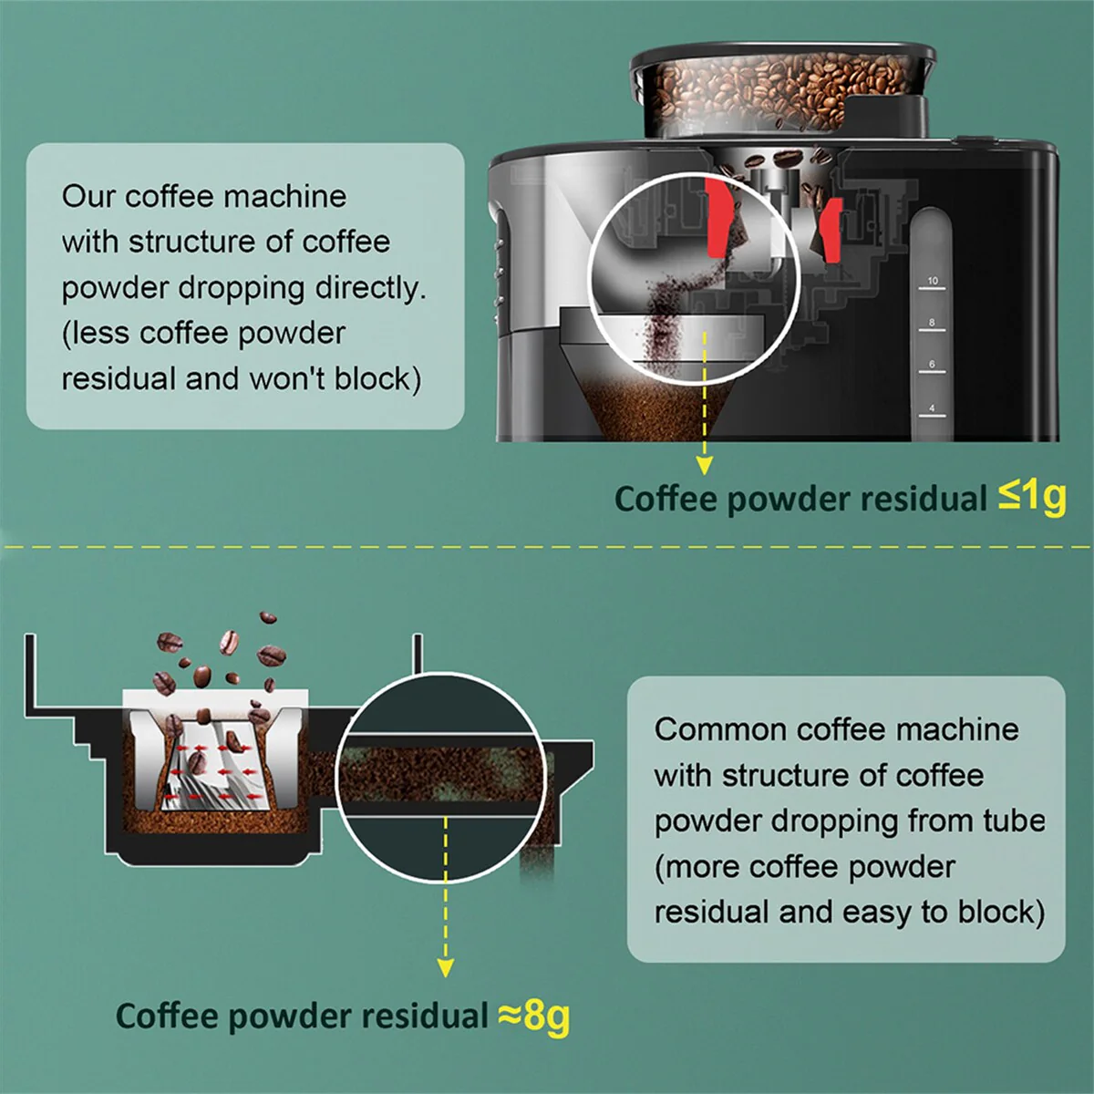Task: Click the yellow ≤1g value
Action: [1032, 498]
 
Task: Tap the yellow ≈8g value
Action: [533, 1016]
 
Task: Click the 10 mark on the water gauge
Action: [933, 281]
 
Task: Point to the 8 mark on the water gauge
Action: [932, 323]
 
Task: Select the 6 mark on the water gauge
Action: [932, 364]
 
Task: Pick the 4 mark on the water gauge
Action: [932, 408]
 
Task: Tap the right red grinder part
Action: [832, 231]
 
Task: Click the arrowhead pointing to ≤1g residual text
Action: [705, 466]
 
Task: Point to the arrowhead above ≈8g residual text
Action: [446, 967]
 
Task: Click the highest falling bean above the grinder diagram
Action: [268, 618]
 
